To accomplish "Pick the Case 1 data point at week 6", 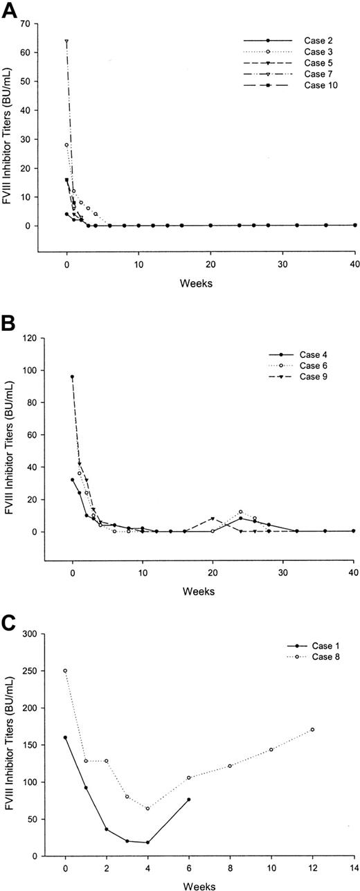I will (188, 800).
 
